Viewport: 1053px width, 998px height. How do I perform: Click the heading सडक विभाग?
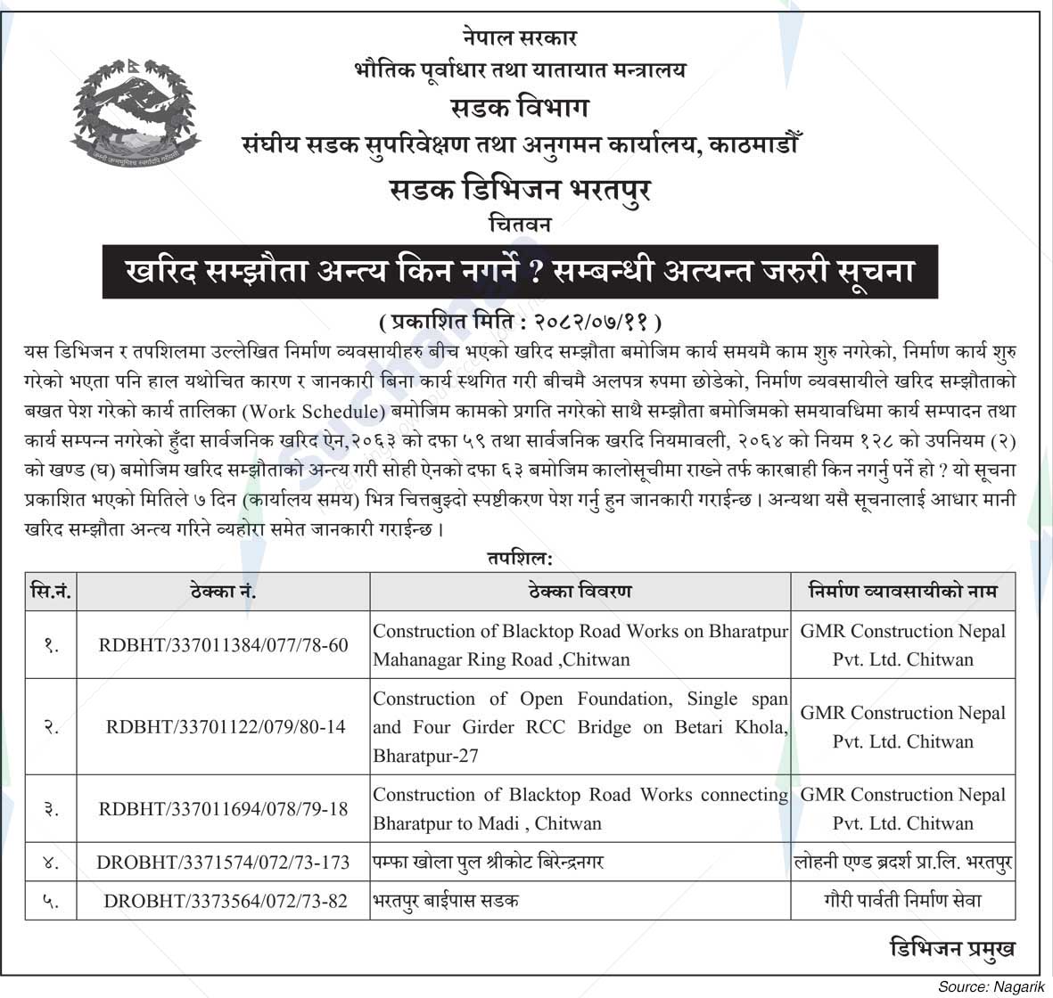(x=520, y=108)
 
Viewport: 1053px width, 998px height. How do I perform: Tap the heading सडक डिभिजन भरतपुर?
(x=521, y=189)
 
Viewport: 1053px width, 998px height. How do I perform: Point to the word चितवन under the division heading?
(x=521, y=225)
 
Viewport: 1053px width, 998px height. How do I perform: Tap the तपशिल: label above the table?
(x=520, y=559)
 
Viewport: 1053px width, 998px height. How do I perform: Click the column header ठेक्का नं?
(x=223, y=591)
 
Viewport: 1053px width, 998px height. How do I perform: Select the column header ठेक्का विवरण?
(x=580, y=591)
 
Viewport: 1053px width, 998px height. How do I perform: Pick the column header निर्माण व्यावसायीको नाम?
(x=902, y=591)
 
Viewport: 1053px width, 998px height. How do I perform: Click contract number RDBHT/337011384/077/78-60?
(x=223, y=645)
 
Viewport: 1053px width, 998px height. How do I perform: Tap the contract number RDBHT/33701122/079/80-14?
(x=225, y=727)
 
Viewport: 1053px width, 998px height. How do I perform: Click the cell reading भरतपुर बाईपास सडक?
(x=446, y=901)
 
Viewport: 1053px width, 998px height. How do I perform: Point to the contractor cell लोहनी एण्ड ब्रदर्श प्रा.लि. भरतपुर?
(x=902, y=863)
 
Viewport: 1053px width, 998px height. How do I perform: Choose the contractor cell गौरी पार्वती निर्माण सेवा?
(x=902, y=901)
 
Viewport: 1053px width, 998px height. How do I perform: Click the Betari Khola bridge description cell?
(x=580, y=727)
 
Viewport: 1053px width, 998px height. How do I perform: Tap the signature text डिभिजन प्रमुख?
(x=952, y=948)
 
